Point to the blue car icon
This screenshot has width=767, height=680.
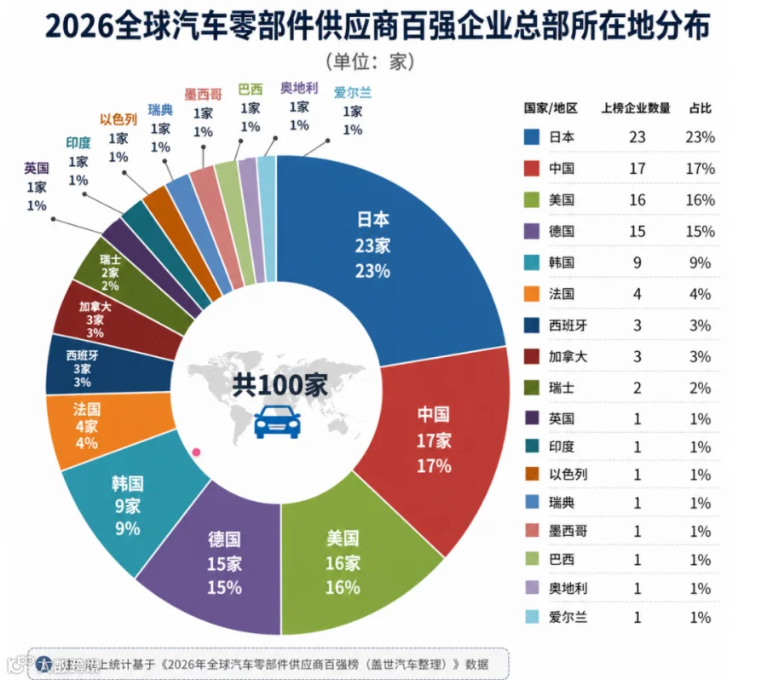pos(277,422)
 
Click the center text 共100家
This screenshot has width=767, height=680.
pos(280,384)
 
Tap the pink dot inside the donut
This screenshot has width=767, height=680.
pos(197,452)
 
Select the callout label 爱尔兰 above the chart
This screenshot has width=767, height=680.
pos(352,92)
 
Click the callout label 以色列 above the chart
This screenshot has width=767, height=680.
pos(118,119)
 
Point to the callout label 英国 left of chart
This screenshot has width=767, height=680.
pos(37,168)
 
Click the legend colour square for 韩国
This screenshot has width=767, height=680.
pos(532,262)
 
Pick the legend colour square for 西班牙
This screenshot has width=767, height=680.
pos(532,326)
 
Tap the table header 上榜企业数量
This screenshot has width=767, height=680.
pos(636,108)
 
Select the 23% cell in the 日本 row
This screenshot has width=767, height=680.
pos(700,137)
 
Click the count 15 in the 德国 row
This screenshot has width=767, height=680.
pos(637,232)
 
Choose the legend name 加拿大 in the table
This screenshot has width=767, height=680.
pos(568,357)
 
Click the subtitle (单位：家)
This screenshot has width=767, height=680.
pos(371,61)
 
